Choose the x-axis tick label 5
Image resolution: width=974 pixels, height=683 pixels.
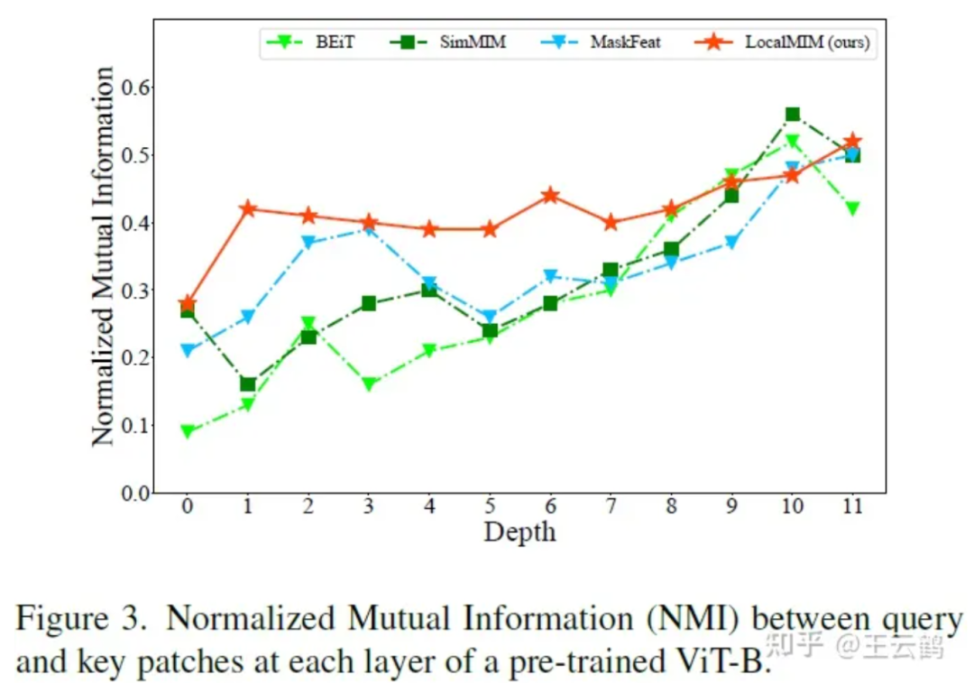point(490,508)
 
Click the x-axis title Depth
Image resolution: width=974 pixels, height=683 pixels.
point(519,531)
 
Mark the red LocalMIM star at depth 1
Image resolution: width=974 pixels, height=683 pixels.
point(247,209)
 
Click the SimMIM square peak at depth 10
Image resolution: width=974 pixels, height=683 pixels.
point(793,115)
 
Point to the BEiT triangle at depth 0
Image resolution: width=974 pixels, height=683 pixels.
point(187,431)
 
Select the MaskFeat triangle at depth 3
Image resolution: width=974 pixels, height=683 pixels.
point(369,229)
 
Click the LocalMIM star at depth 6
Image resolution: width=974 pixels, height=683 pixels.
point(550,196)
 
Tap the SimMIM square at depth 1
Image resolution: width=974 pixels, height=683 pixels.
point(247,384)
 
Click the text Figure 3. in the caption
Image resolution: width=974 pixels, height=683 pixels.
point(82,621)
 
